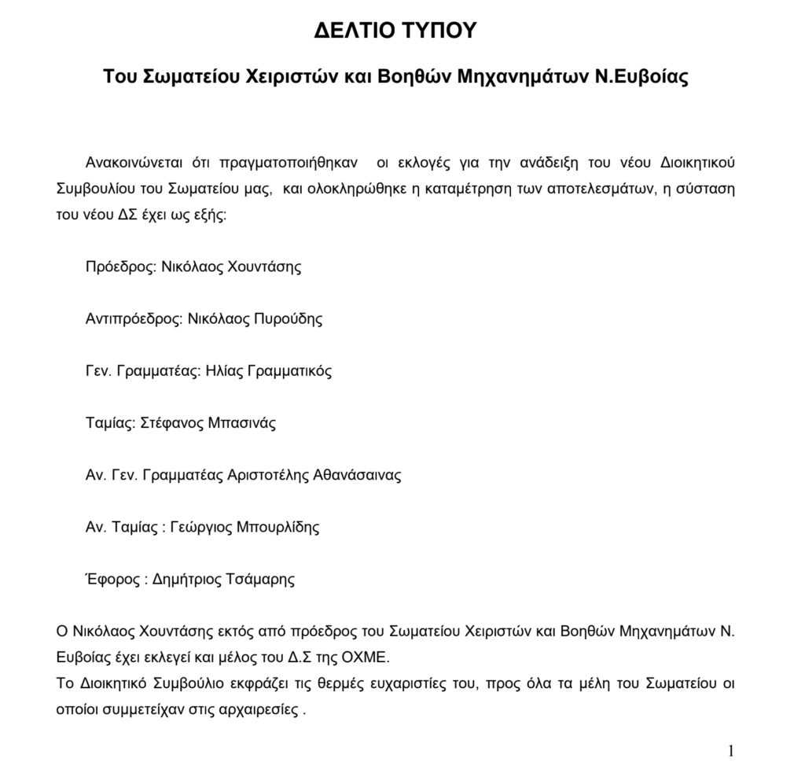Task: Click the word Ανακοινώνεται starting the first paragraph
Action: [x=134, y=164]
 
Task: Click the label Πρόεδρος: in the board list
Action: [x=120, y=267]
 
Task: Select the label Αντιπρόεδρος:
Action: [x=134, y=319]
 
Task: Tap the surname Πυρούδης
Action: [x=288, y=319]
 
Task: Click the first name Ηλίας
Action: [x=224, y=371]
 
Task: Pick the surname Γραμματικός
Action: [x=290, y=371]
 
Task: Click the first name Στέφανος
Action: [x=171, y=423]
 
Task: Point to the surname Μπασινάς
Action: [x=242, y=423]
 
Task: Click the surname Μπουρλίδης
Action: [x=278, y=528]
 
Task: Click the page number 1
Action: [x=730, y=751]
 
